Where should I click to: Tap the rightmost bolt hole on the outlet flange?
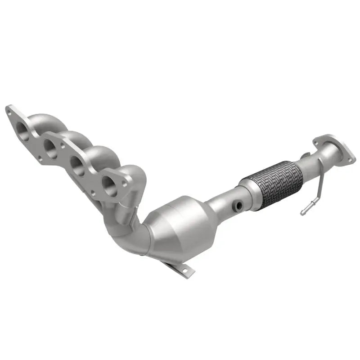[x=349, y=158]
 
